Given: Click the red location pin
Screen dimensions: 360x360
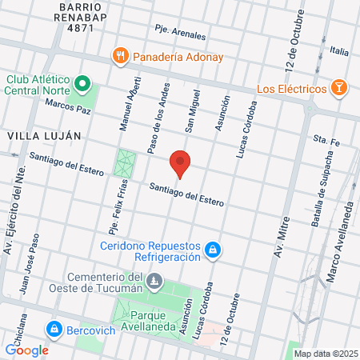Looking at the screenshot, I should (181, 163).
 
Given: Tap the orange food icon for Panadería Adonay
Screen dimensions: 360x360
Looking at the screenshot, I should (120, 57).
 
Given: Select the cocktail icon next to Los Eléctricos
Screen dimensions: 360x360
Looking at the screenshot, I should (339, 87).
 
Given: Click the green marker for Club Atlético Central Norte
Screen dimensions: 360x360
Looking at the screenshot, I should (82, 84).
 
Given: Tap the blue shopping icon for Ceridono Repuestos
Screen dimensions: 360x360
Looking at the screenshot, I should (212, 251).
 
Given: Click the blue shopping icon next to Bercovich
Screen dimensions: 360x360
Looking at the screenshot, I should (54, 328).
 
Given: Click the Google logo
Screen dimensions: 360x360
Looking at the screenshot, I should (26, 350).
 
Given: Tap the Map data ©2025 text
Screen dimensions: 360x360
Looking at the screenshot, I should (326, 353).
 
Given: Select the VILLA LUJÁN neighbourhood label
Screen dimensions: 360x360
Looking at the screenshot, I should (44, 136).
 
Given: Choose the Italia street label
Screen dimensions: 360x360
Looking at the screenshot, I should (338, 51).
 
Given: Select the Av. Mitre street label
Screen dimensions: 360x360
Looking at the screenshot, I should (281, 240).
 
